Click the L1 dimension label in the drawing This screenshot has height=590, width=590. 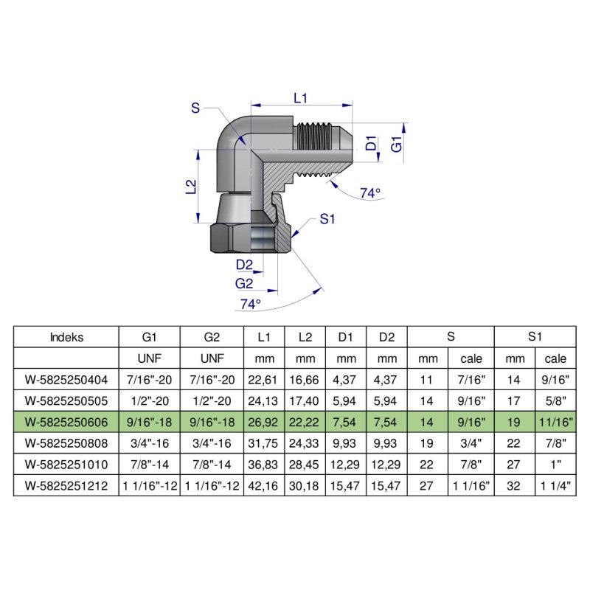point(300,97)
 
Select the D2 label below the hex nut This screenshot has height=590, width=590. point(245,265)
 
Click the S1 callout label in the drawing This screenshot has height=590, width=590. point(328,219)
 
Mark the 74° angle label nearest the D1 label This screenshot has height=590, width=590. point(370,193)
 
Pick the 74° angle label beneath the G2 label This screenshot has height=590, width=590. point(250,304)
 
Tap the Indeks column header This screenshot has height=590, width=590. point(66,337)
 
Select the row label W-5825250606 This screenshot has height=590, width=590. point(66,423)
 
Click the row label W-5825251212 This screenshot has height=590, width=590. point(66,486)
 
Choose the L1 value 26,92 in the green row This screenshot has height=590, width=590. point(264,423)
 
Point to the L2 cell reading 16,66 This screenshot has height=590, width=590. point(305,380)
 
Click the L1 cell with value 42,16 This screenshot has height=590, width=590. point(264,486)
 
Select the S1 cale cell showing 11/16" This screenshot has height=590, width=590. point(556,423)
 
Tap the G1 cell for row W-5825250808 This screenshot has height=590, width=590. point(149,444)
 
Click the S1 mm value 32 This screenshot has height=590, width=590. point(513,486)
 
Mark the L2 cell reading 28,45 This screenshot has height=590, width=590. point(305,465)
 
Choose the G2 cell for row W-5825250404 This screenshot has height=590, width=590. point(212,380)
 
